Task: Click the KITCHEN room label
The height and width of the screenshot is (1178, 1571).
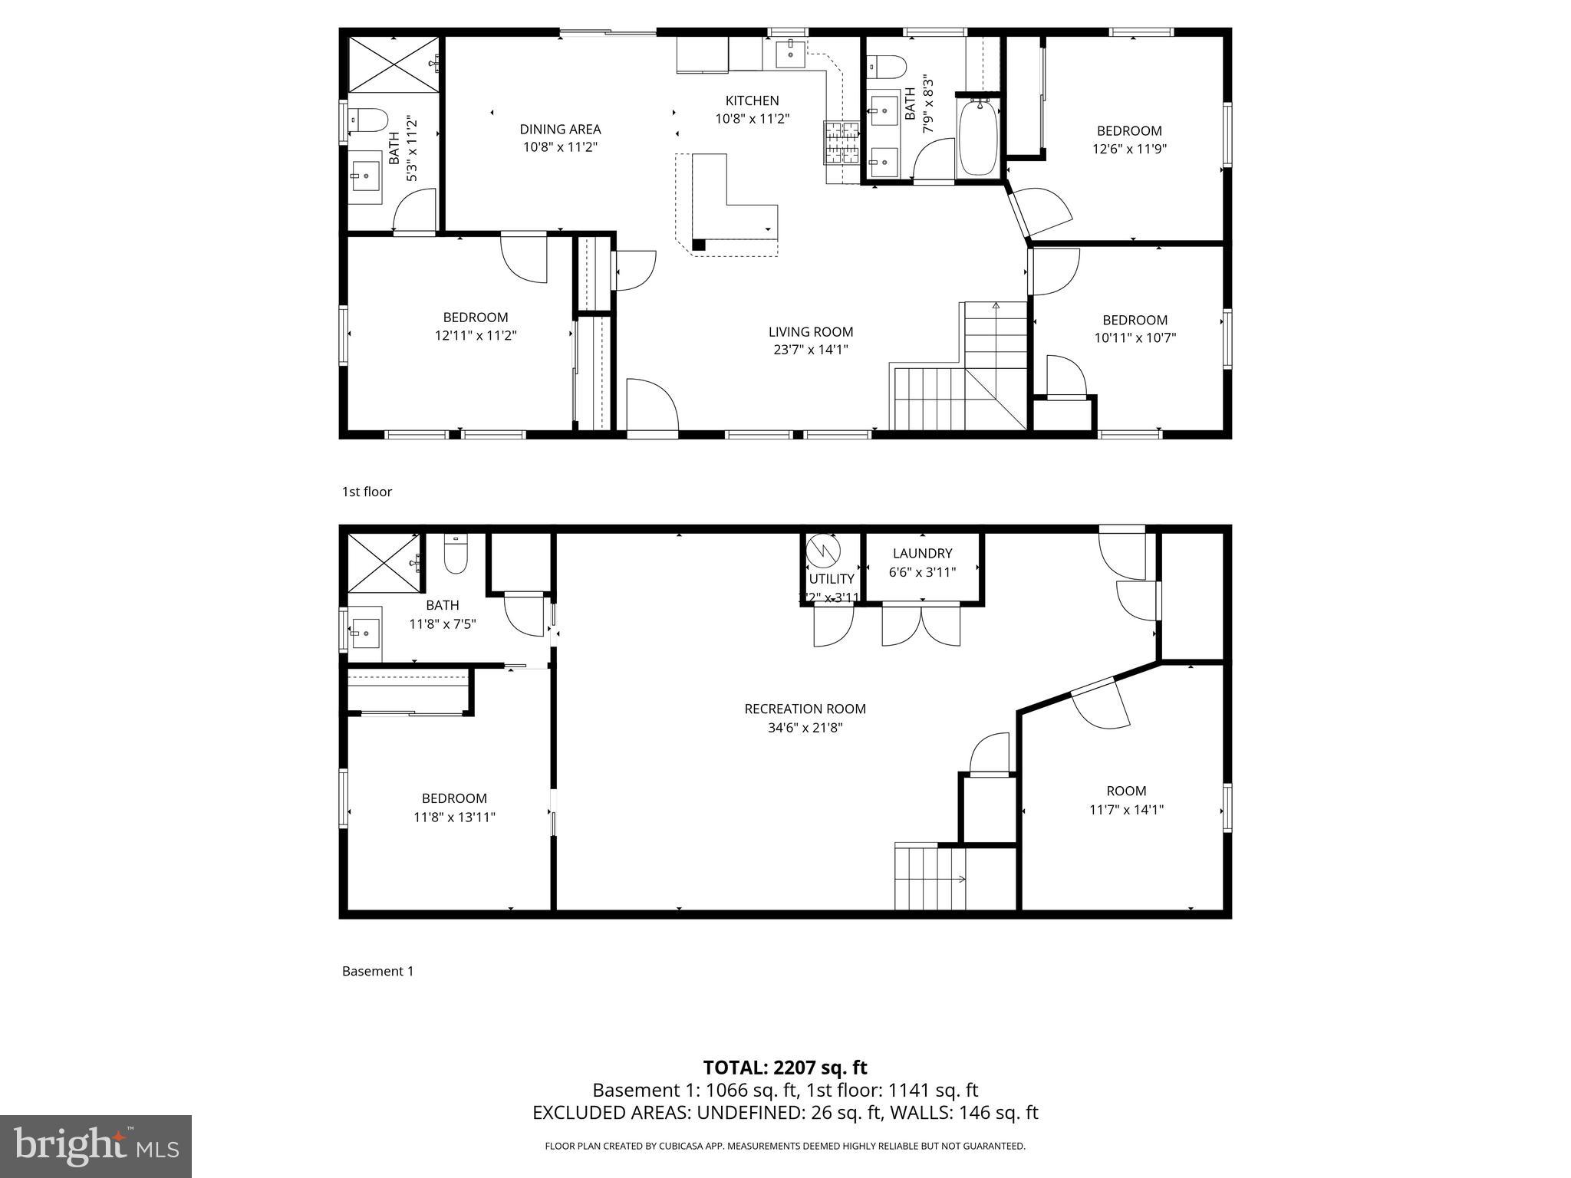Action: pos(752,100)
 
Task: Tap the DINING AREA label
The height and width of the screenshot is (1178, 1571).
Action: pos(560,130)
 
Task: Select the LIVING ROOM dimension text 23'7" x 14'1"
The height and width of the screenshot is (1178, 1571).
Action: pos(811,350)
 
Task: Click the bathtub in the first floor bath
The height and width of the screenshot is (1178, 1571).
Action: pos(979,138)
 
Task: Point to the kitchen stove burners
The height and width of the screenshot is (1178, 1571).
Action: pos(841,143)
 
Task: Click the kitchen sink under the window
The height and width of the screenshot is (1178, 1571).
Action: pos(789,54)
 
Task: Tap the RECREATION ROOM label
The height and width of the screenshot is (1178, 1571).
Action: pos(805,709)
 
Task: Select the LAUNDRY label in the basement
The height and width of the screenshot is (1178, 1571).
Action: pos(922,553)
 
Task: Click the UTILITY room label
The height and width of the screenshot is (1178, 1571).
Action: pos(831,579)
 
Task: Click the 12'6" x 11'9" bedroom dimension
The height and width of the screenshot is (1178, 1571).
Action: pos(1129,150)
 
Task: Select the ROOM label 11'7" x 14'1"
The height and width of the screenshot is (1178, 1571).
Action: pos(1126,791)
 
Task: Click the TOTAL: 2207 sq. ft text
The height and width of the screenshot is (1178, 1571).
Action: pos(785,1068)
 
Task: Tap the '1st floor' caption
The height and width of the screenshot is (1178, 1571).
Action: pos(367,492)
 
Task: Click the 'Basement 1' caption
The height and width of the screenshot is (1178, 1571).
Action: pos(377,971)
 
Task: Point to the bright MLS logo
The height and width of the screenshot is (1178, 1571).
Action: pos(96,1146)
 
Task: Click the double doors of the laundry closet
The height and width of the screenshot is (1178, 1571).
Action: pos(921,624)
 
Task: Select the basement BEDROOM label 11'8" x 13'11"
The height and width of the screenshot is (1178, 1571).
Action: pos(454,798)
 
